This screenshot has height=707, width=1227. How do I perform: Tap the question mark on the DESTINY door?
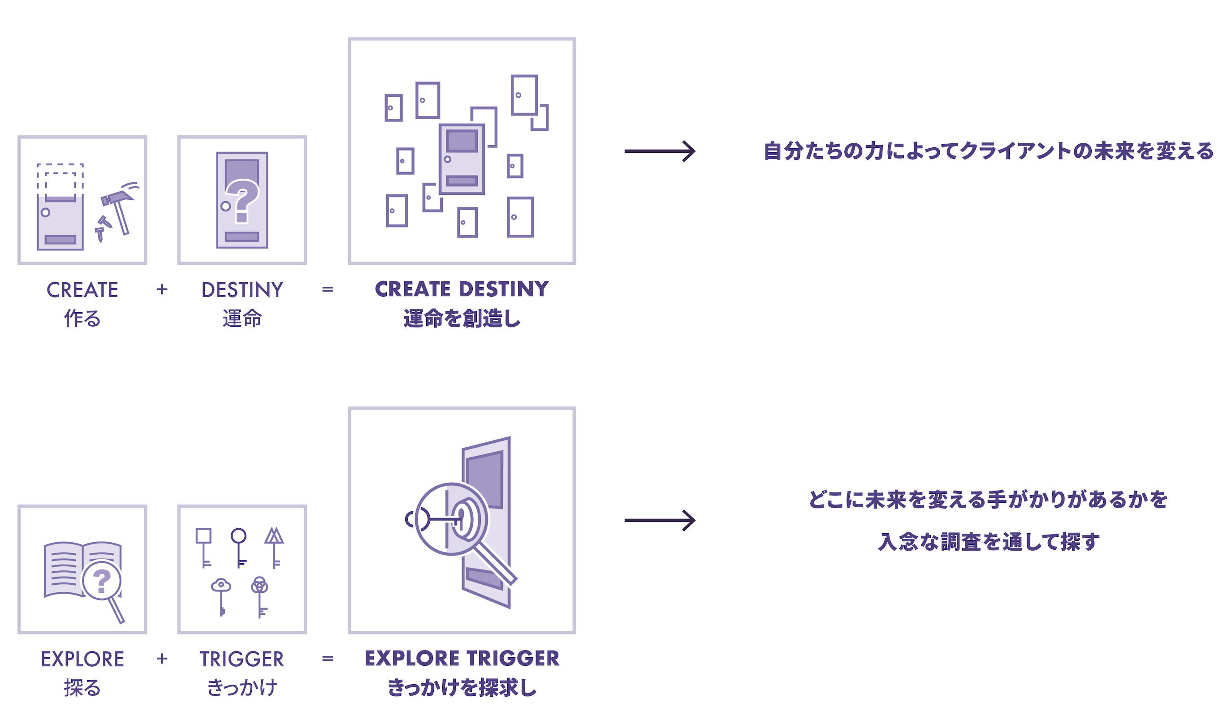click(242, 199)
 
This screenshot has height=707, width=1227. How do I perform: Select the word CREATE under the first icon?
click(82, 290)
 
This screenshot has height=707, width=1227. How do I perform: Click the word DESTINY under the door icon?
click(242, 290)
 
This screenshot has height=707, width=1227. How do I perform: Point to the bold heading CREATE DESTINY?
click(461, 289)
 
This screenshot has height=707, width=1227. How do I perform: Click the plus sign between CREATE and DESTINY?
click(162, 290)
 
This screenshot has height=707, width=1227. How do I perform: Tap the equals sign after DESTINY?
click(327, 290)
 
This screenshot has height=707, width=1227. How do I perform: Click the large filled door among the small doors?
click(461, 159)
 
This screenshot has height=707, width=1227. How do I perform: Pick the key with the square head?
click(203, 546)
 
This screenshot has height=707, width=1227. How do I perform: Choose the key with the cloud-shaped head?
click(221, 595)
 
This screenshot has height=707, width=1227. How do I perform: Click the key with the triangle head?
click(274, 546)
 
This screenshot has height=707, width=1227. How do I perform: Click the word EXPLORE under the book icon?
click(82, 659)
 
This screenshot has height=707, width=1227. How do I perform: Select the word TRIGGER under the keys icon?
click(242, 659)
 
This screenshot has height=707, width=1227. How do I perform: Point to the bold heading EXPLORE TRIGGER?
click(461, 658)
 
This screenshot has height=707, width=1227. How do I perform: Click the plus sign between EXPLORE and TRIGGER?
click(162, 659)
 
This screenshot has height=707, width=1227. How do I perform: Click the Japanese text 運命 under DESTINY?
click(242, 319)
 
